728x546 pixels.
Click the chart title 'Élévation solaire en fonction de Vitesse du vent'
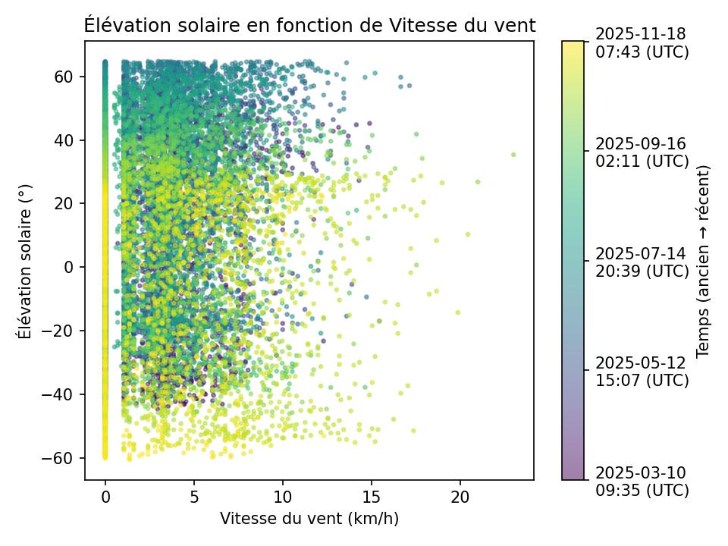309,25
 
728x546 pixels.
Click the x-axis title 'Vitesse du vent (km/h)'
309,519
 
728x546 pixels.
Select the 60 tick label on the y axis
64,77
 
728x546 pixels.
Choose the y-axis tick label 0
69,268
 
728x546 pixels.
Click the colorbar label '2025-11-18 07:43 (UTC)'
642,42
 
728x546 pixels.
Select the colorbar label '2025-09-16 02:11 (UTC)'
642,152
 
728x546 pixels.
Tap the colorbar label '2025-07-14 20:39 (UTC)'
642,262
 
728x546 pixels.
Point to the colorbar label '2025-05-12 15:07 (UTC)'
642,371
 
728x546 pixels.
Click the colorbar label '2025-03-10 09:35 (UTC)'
642,481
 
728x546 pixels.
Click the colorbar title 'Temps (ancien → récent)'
703,260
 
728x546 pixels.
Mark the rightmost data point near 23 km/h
513,155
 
